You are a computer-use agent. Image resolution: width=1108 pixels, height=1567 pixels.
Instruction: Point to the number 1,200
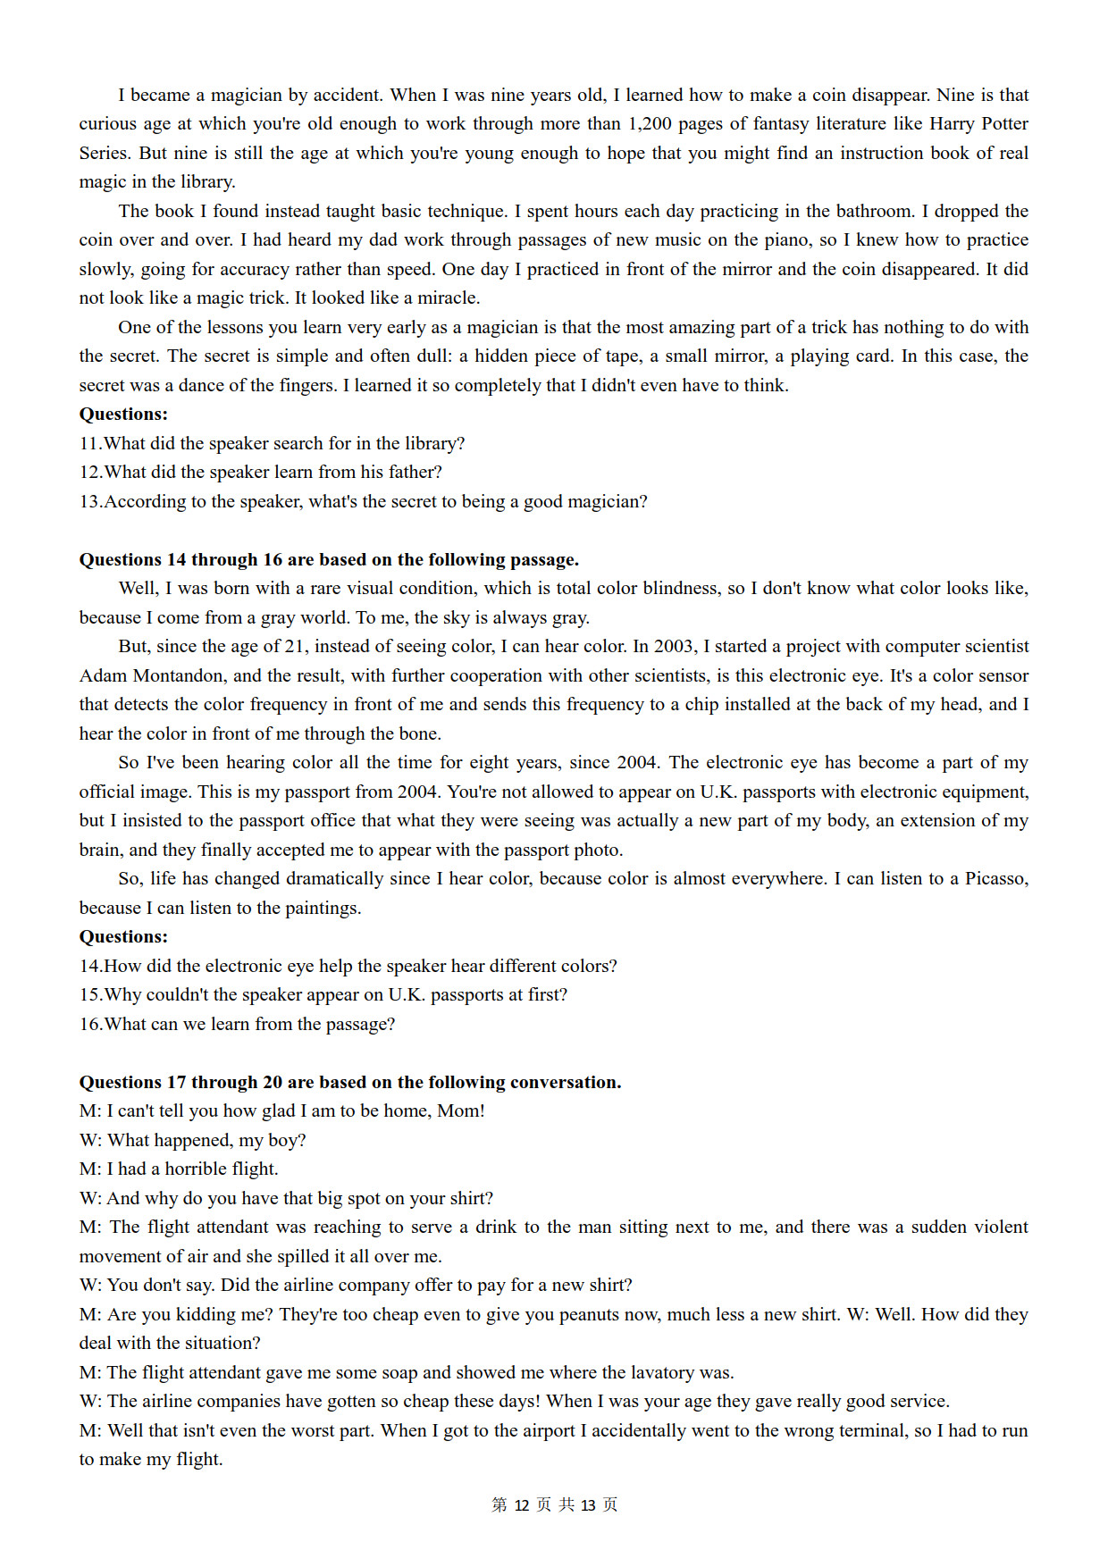[x=650, y=123]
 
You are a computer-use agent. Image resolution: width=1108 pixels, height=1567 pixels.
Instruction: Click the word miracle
[x=449, y=297]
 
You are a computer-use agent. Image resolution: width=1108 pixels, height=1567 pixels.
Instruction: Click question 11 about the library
[x=273, y=443]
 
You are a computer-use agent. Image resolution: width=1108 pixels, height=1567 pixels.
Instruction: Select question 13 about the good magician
[x=364, y=501]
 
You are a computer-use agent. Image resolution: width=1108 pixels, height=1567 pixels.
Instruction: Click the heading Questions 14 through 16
[x=329, y=559]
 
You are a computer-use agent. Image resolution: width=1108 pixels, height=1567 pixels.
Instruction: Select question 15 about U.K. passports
[x=323, y=994]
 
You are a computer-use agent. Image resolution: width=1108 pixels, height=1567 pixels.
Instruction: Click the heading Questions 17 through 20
[x=350, y=1082]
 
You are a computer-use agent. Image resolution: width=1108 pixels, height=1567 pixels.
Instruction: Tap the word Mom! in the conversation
[x=461, y=1110]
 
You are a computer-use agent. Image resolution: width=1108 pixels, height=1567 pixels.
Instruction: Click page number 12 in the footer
[x=523, y=1505]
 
